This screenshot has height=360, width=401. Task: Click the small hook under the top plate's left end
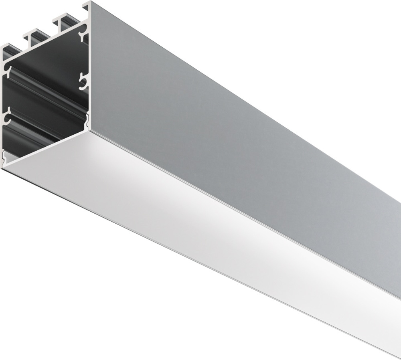tap(8, 73)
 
